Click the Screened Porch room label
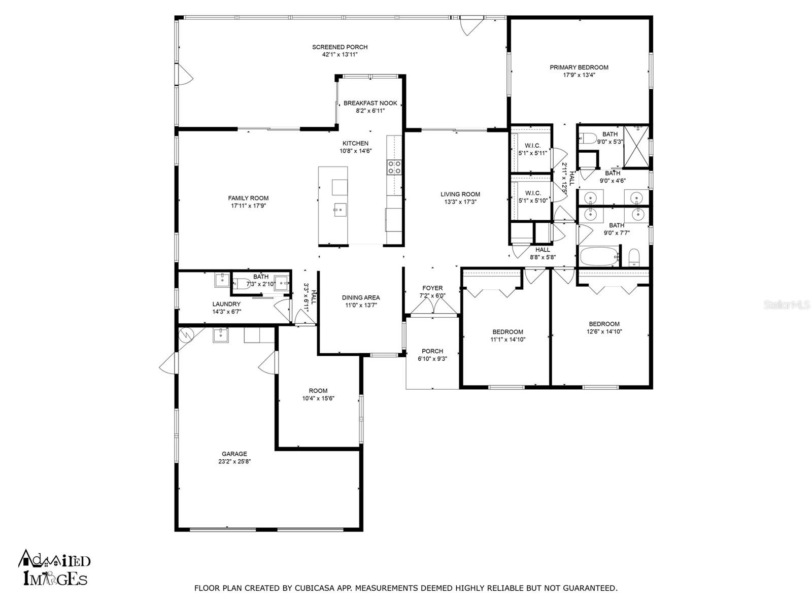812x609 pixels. point(340,47)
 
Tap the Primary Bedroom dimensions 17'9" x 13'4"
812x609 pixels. point(579,75)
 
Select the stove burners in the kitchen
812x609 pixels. point(394,167)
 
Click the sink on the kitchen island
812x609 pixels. point(340,208)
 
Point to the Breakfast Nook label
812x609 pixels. point(370,103)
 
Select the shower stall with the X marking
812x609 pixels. point(636,146)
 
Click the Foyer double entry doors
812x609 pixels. point(432,307)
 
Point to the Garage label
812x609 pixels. point(234,454)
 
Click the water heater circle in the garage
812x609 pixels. point(186,334)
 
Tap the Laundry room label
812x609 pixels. point(226,304)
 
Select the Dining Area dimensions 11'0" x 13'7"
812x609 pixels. point(360,305)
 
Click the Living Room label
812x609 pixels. point(460,194)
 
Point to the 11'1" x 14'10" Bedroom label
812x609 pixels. point(507,332)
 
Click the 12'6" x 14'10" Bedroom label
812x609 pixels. point(604,324)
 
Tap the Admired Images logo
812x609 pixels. point(54,567)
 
